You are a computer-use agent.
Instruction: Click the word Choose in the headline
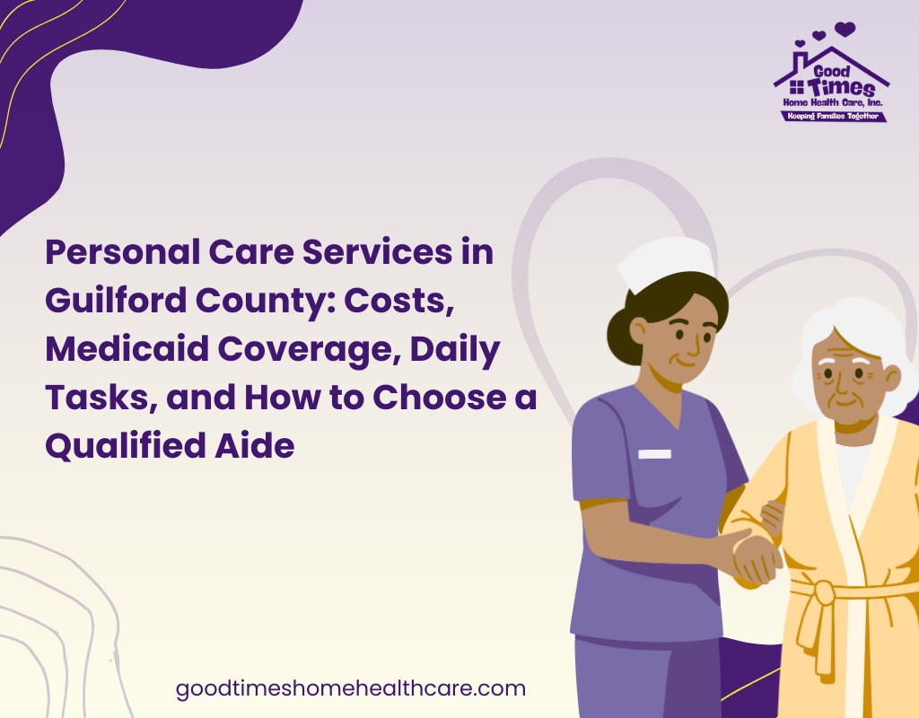click(x=440, y=398)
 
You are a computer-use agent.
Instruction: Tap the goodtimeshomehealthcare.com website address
click(x=351, y=688)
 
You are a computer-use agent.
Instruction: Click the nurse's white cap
click(x=667, y=264)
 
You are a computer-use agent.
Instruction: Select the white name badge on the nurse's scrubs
click(x=654, y=453)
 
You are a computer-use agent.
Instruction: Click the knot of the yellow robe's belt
click(x=824, y=593)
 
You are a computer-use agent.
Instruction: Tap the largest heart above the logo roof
click(x=845, y=29)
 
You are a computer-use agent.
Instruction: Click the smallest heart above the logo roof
click(x=800, y=43)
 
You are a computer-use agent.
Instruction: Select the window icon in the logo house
click(x=797, y=87)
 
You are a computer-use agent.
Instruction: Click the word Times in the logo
click(x=841, y=88)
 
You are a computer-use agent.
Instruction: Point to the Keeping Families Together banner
click(x=833, y=116)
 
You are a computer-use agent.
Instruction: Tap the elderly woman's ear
click(x=892, y=379)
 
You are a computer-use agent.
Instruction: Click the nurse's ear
click(x=638, y=332)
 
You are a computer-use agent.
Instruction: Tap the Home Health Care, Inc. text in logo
click(x=832, y=102)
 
